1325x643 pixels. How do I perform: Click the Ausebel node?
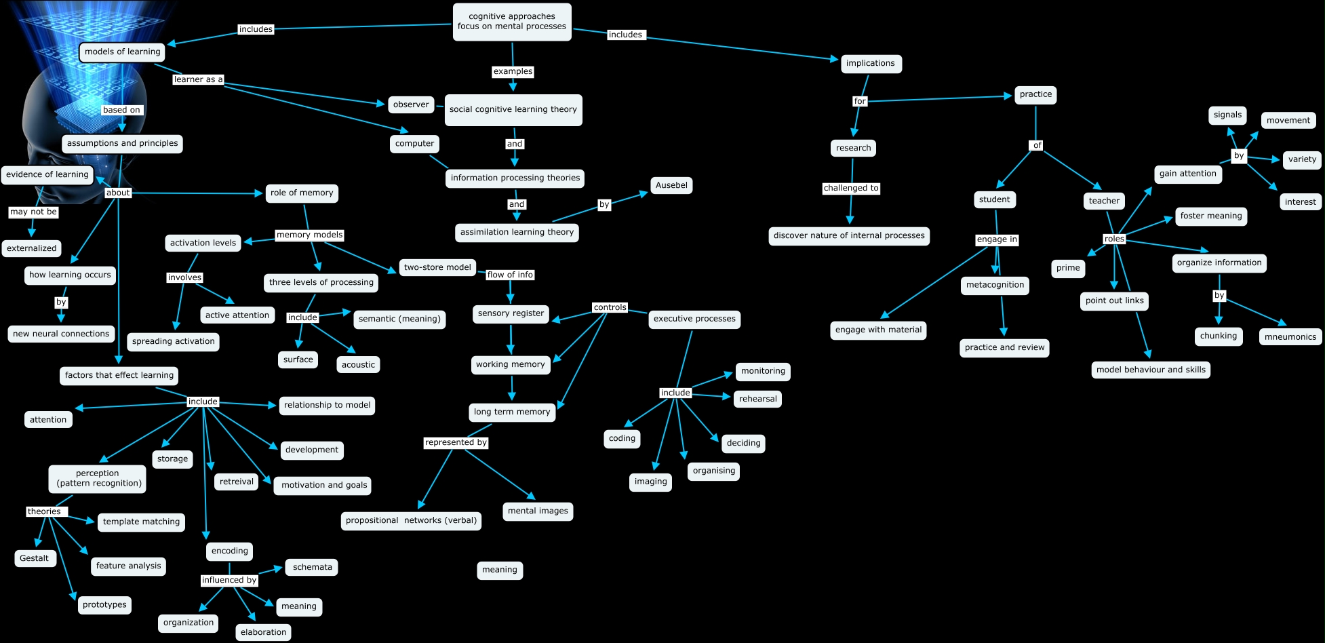671,185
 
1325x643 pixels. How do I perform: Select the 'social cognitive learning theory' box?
513,109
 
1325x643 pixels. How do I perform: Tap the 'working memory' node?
510,364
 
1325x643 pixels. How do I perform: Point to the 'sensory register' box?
511,313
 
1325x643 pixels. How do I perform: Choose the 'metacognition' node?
995,285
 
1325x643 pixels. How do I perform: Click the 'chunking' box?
1218,336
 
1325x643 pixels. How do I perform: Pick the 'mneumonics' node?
1290,336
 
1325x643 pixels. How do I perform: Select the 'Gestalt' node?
34,558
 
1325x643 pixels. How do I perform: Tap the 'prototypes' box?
104,604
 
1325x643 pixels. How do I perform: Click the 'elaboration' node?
263,632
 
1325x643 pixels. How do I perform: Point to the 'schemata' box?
312,567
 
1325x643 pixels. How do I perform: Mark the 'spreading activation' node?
173,341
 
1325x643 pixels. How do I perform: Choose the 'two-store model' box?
437,267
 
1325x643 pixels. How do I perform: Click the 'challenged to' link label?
851,188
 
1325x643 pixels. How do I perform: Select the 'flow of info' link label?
510,275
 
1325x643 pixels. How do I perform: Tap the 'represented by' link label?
456,442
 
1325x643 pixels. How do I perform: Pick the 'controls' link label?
610,307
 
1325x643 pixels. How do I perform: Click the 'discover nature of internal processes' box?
849,235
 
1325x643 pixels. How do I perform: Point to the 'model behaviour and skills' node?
1151,370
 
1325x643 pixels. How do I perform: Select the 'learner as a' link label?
198,79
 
